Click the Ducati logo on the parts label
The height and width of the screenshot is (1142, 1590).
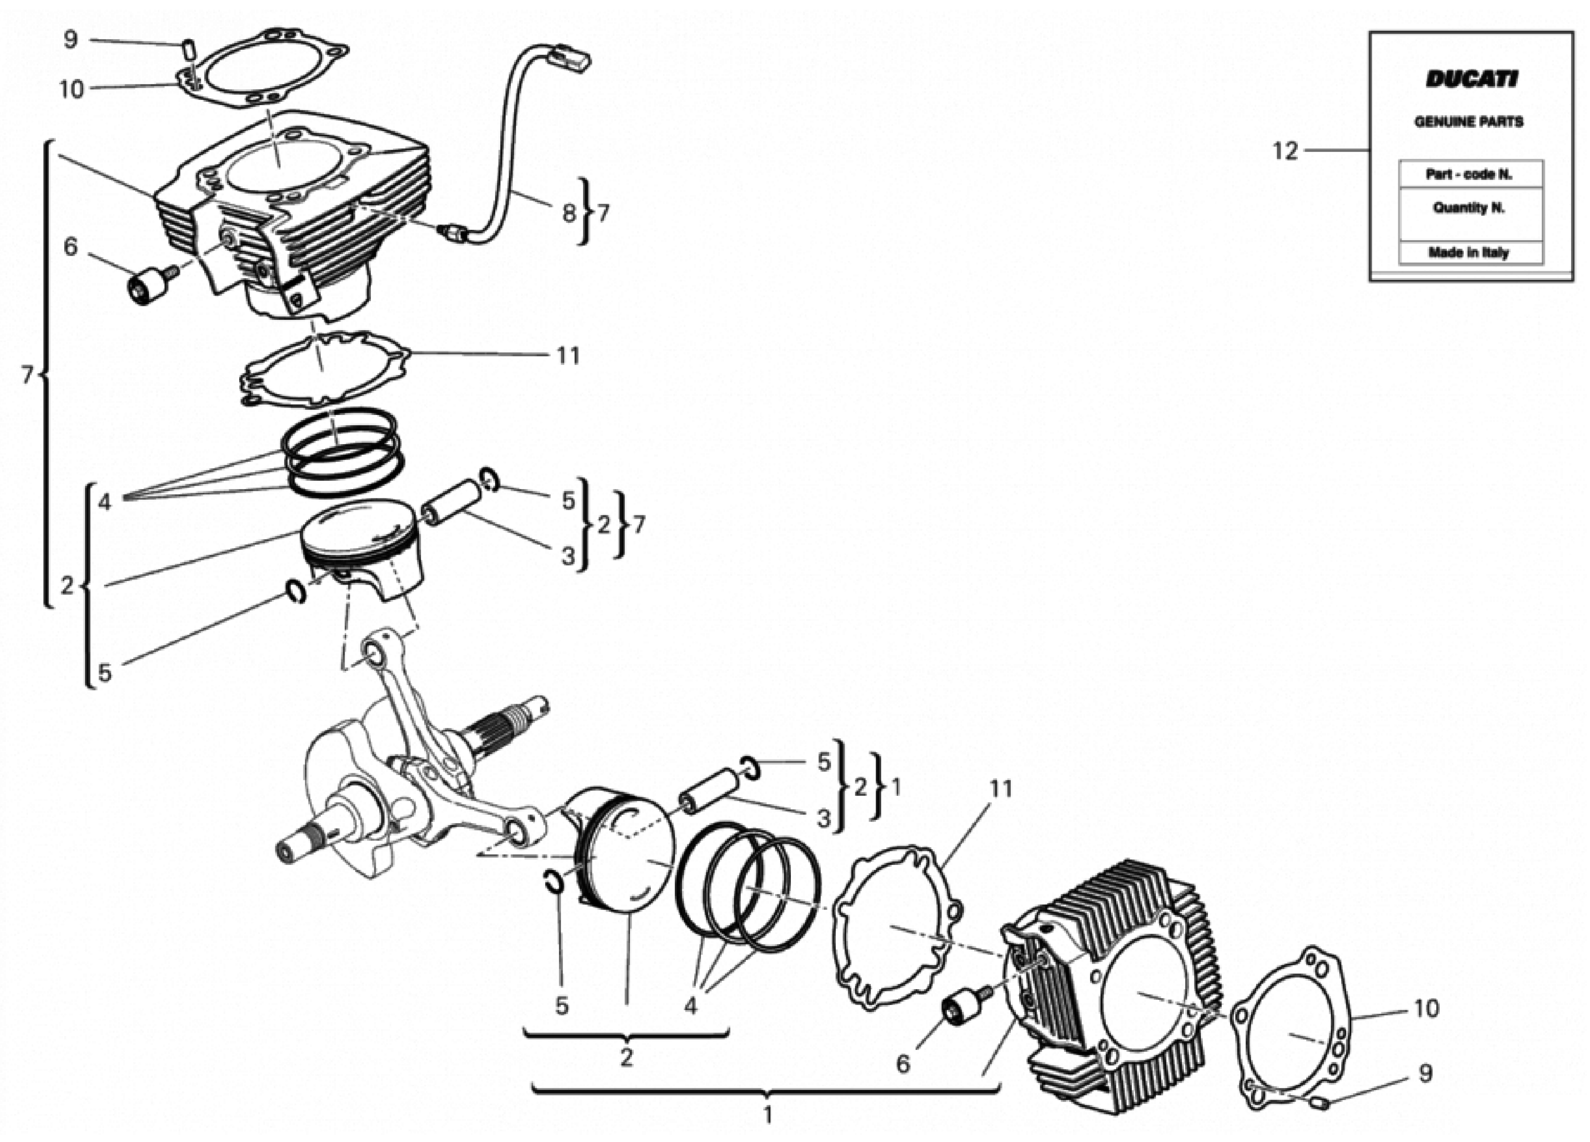point(1471,79)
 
